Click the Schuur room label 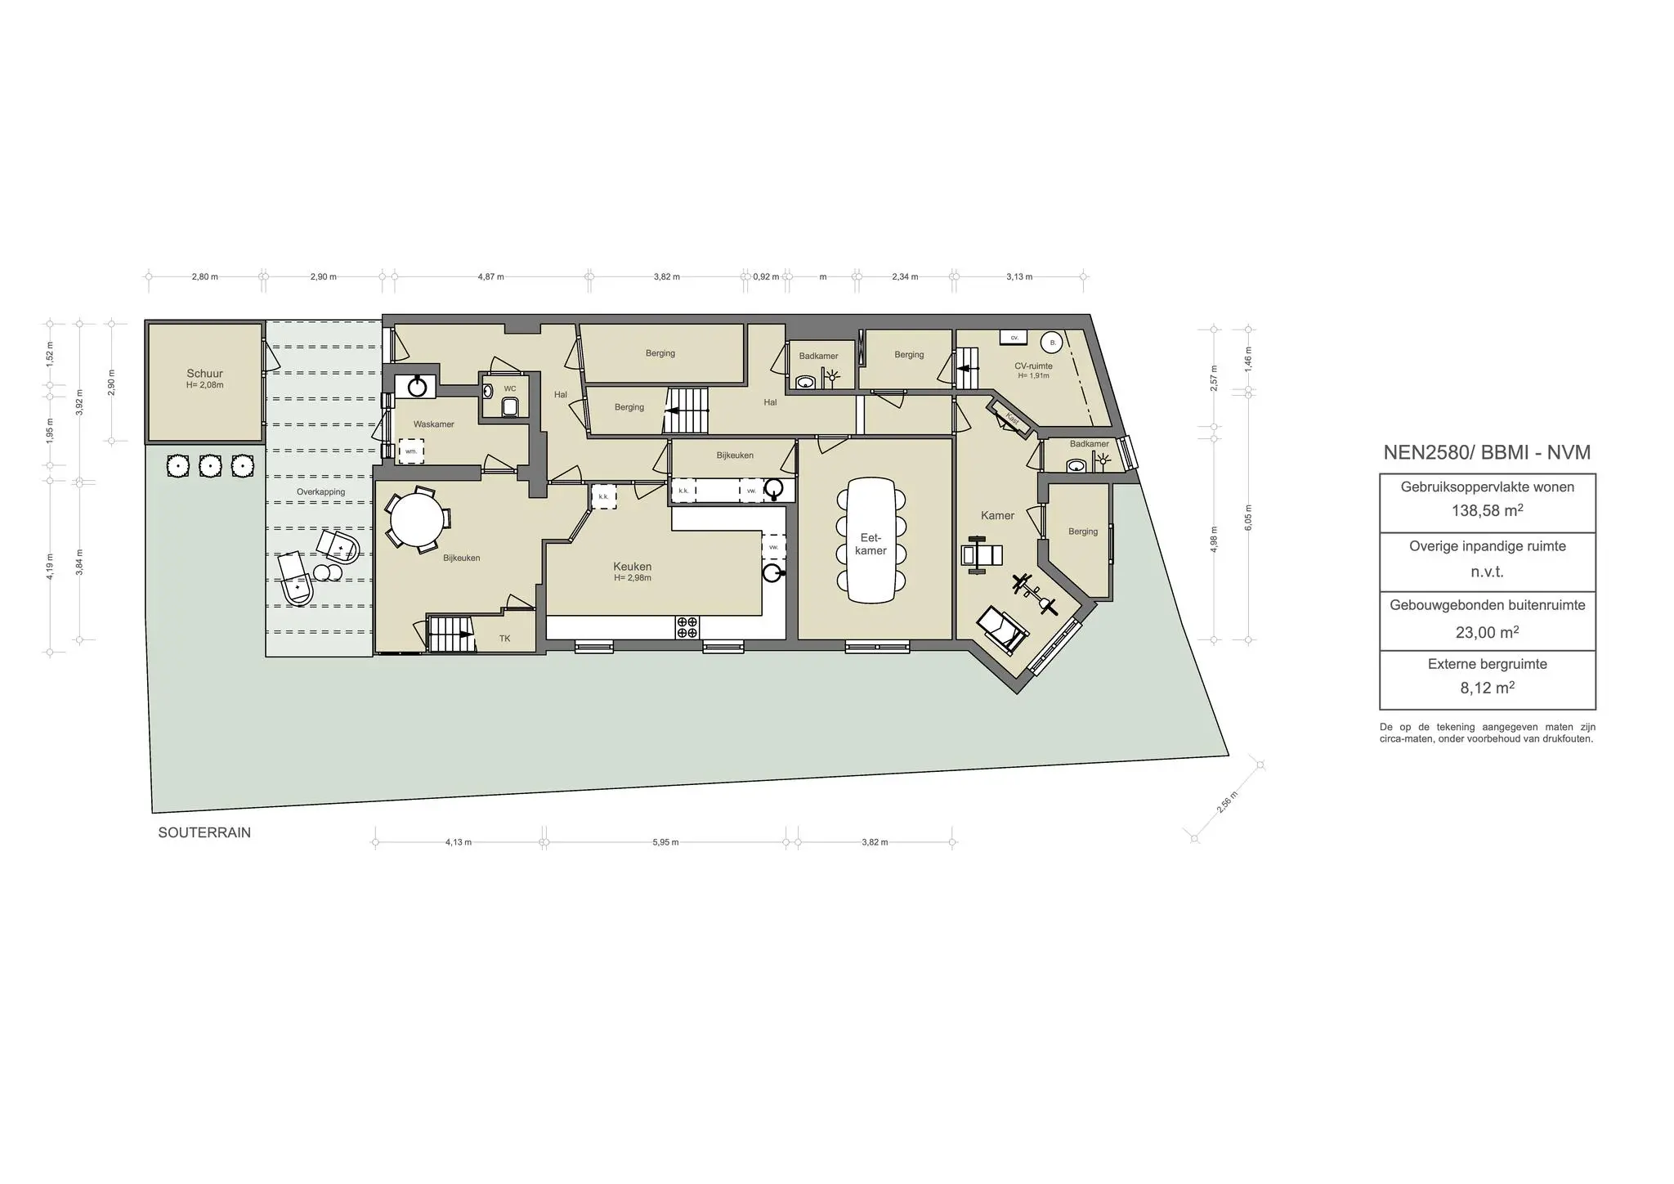(x=204, y=374)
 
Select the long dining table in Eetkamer (x=871, y=540)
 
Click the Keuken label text (x=633, y=567)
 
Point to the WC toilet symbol (x=510, y=406)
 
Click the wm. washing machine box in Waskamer (x=411, y=451)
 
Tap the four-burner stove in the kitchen (x=687, y=627)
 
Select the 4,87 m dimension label (x=490, y=277)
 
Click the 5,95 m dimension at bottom (x=665, y=842)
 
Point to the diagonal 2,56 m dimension (x=1226, y=801)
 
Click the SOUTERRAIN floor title (x=204, y=833)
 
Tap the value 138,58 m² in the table (x=1487, y=511)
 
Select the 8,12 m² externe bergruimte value (x=1487, y=688)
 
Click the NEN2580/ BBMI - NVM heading (x=1487, y=452)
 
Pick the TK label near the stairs (x=504, y=639)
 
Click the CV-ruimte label (x=1033, y=366)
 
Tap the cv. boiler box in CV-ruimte (x=1014, y=337)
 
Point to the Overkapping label (x=320, y=492)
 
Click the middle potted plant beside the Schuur (x=210, y=466)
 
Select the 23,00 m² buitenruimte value (x=1487, y=632)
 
